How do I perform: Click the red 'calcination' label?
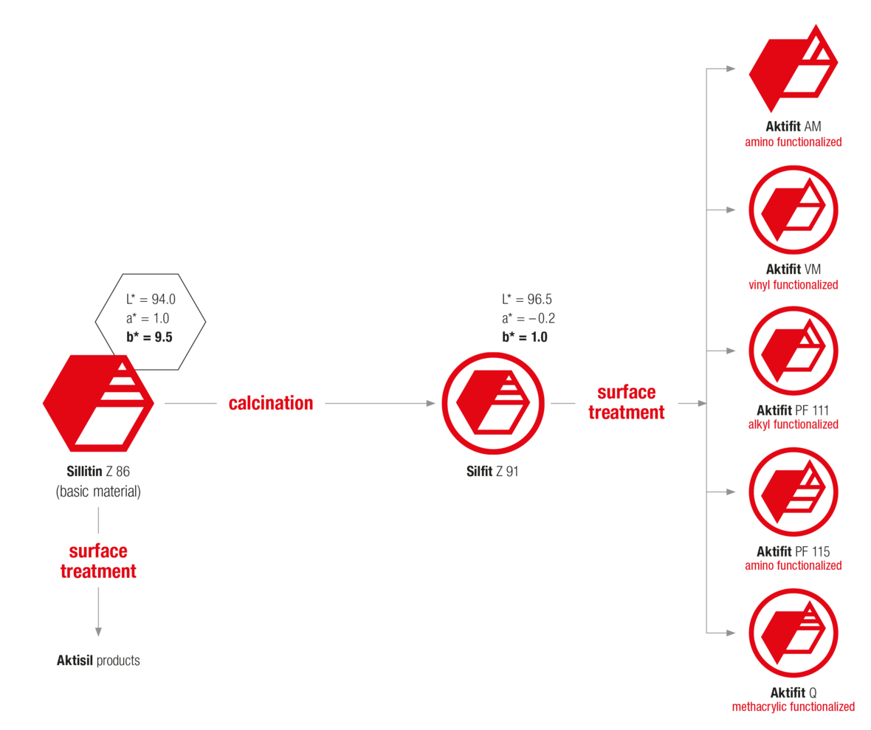(270, 403)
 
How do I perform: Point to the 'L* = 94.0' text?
(150, 300)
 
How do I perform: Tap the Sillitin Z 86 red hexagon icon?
(98, 403)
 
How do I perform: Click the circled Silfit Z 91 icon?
(493, 403)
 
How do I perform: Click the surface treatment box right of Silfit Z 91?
(627, 402)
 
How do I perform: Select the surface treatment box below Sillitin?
(98, 561)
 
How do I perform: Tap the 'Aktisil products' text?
(98, 661)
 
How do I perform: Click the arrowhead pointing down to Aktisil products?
(98, 632)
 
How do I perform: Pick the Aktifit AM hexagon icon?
(793, 69)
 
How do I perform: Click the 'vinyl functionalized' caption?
(793, 284)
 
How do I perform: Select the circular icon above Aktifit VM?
(793, 210)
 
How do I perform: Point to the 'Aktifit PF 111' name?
(793, 410)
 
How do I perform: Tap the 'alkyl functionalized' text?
(793, 424)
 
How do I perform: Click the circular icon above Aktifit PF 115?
(793, 492)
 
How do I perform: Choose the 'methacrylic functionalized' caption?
(793, 706)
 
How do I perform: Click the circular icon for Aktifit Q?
(793, 633)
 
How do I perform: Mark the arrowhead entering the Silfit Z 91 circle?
(431, 403)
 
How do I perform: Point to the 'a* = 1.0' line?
(148, 319)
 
